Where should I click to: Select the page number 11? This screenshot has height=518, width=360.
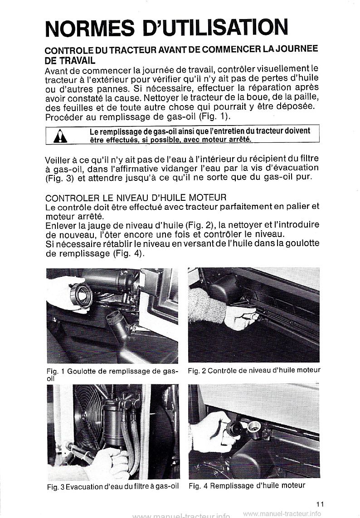[x=321, y=502]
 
